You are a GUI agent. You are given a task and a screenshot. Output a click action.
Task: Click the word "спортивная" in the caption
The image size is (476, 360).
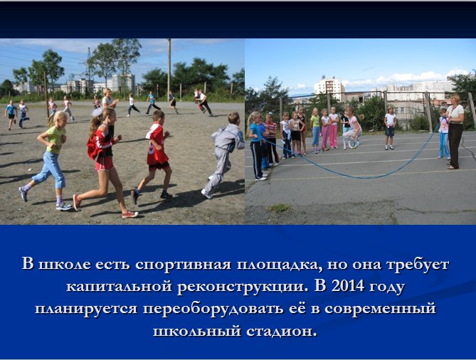(x=183, y=265)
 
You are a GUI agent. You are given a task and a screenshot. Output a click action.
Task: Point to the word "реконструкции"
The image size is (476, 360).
(x=240, y=287)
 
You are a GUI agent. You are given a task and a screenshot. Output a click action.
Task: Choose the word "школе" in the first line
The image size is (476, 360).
(x=65, y=265)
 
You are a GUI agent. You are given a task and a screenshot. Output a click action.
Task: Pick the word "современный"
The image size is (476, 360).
(x=380, y=309)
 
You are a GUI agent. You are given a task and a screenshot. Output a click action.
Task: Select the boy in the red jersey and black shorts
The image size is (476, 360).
(x=154, y=154)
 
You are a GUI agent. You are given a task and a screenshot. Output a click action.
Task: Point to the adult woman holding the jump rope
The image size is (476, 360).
(x=455, y=131)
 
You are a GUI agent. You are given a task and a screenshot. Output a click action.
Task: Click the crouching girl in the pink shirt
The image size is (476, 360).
(x=352, y=127)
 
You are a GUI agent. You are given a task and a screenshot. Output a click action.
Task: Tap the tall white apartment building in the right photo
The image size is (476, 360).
(x=329, y=85)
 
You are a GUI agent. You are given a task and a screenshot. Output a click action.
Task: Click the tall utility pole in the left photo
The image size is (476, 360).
(x=169, y=70)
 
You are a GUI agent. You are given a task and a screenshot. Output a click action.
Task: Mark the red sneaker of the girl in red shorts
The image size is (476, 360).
(x=129, y=214)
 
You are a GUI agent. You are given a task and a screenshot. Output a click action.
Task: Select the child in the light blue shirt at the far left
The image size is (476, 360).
(x=11, y=114)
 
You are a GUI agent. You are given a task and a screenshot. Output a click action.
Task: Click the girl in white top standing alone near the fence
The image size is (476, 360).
(x=390, y=128)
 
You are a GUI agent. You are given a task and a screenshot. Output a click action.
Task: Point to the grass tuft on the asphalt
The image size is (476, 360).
(x=279, y=208)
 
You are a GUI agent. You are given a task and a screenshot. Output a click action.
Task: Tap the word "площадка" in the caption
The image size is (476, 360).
(x=279, y=265)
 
